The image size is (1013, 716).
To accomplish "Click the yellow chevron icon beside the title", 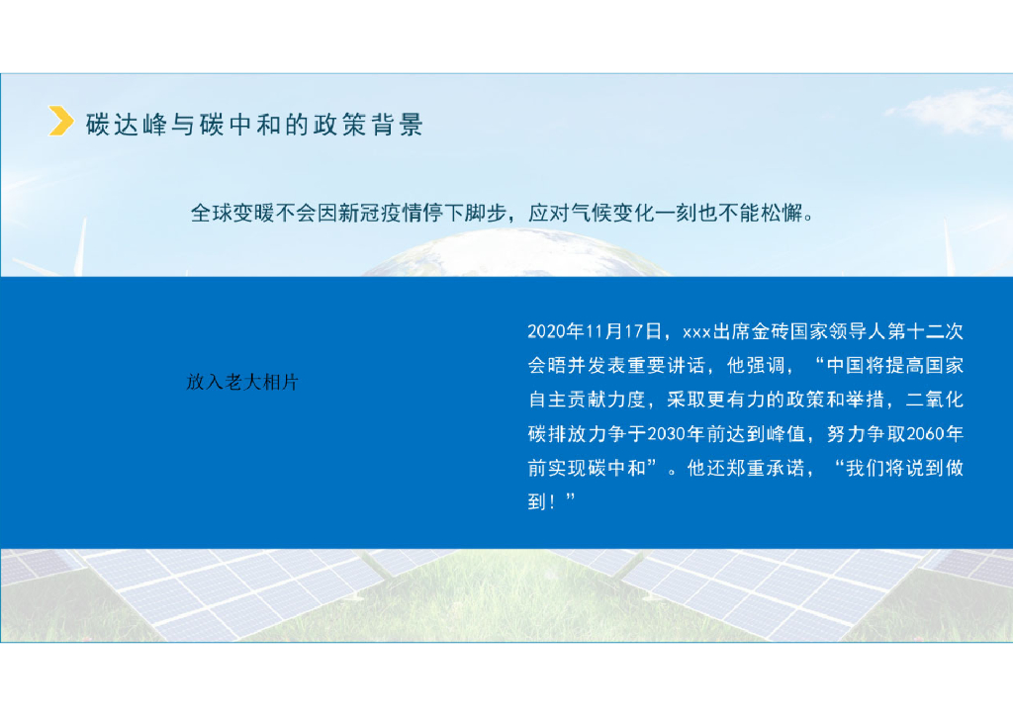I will (x=61, y=123).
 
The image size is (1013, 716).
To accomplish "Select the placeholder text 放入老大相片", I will (x=242, y=383).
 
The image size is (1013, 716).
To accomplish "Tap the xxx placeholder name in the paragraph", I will (x=697, y=330).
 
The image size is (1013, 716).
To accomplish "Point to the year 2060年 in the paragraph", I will (x=935, y=433).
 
